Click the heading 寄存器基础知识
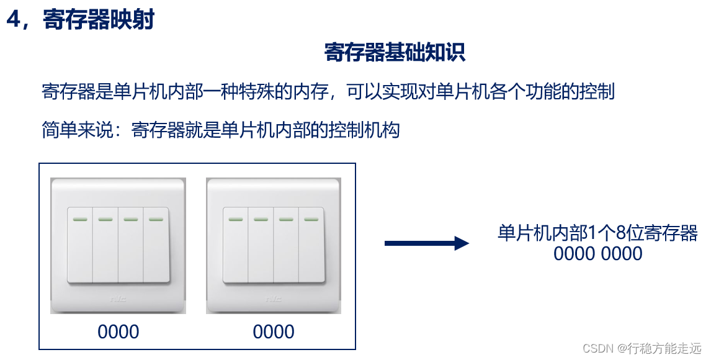click(x=395, y=53)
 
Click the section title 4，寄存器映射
click(x=80, y=20)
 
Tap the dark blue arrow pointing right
click(x=426, y=243)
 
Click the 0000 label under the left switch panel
click(x=118, y=331)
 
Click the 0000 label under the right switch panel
click(x=274, y=331)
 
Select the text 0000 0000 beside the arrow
click(x=597, y=253)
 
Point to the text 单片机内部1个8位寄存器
click(x=597, y=233)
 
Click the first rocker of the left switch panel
click(x=79, y=245)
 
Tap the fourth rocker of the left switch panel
click(x=156, y=245)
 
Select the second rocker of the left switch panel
click(x=105, y=245)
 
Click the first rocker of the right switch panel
click(x=235, y=245)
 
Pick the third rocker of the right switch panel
click(x=286, y=245)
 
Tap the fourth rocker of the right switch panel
click(x=311, y=245)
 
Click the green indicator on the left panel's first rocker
click(x=79, y=218)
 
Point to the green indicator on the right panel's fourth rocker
click(x=311, y=218)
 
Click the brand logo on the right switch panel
click(x=273, y=299)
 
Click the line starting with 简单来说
click(x=220, y=130)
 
